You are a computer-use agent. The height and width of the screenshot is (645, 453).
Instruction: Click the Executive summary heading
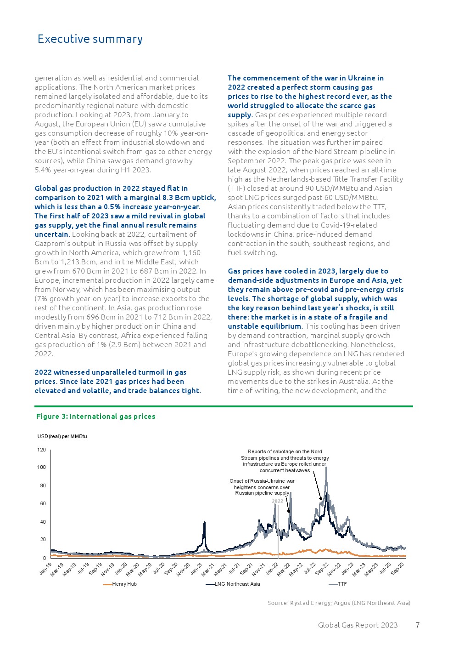[90, 39]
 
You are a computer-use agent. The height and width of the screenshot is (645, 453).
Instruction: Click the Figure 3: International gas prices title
[95, 417]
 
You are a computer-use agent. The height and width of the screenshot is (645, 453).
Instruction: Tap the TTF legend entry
[342, 584]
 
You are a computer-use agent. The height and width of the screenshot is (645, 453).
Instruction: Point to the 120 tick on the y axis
[42, 450]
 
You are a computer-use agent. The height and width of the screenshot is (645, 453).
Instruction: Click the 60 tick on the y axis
[43, 503]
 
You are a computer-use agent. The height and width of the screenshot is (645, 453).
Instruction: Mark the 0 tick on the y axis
[44, 558]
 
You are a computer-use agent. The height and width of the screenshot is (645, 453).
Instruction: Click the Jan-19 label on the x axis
[45, 569]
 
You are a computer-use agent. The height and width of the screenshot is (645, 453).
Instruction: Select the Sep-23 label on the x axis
[397, 569]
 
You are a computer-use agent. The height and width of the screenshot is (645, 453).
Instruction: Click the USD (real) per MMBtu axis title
[62, 436]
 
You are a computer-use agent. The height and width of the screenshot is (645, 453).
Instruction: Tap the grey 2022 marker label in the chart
[278, 501]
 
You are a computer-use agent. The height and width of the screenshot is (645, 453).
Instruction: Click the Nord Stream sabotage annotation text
[285, 461]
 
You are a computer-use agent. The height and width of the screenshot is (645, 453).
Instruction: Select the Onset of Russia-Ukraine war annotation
[262, 487]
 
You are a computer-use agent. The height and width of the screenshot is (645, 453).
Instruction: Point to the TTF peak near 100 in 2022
[326, 468]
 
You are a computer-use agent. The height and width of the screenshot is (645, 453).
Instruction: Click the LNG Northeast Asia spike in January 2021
[204, 523]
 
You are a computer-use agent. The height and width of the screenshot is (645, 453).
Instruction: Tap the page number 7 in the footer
[418, 625]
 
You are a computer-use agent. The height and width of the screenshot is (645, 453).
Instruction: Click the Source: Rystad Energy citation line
[339, 603]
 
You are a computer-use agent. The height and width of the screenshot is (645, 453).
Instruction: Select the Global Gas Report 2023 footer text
[358, 625]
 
